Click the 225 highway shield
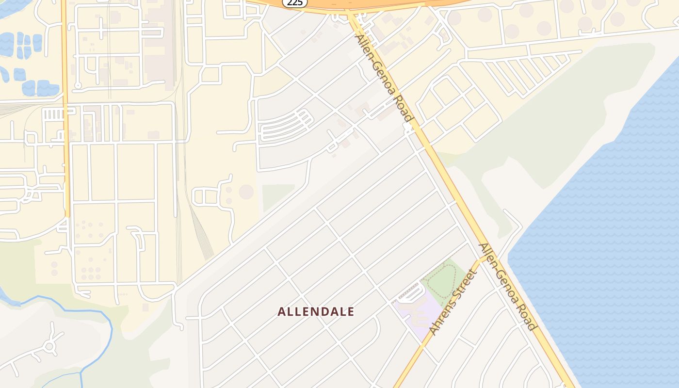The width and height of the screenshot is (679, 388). (x=294, y=3)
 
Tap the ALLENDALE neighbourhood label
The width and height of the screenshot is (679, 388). (x=316, y=312)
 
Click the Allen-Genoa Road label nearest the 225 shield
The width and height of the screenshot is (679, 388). (x=384, y=78)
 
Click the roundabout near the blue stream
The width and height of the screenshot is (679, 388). (x=49, y=346)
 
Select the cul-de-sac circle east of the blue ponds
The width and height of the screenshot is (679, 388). (x=78, y=86)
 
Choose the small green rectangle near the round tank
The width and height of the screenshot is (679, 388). (x=278, y=196)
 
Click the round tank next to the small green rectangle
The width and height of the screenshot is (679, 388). (x=246, y=192)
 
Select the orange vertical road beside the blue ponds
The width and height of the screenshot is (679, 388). (x=65, y=107)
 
